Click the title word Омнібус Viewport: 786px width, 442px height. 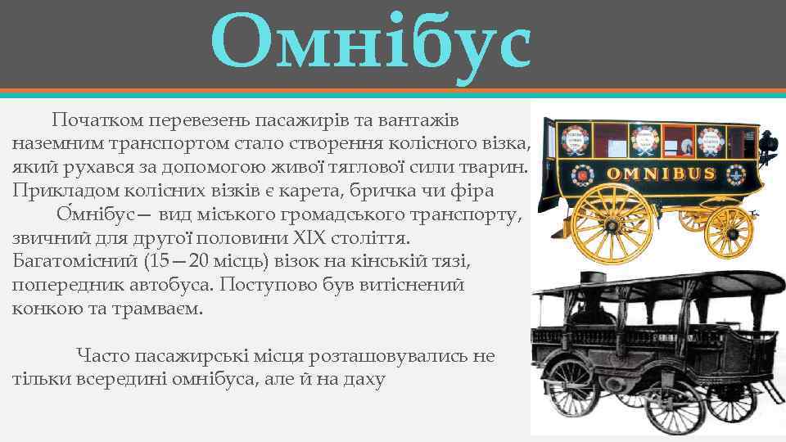click(370, 41)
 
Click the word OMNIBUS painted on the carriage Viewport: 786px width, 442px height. click(662, 174)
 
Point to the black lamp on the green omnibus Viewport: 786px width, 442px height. click(769, 145)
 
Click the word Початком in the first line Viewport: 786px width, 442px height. click(93, 120)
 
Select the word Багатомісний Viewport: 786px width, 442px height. click(74, 262)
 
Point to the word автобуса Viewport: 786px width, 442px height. click(170, 286)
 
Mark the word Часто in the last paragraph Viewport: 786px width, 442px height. click(102, 356)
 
